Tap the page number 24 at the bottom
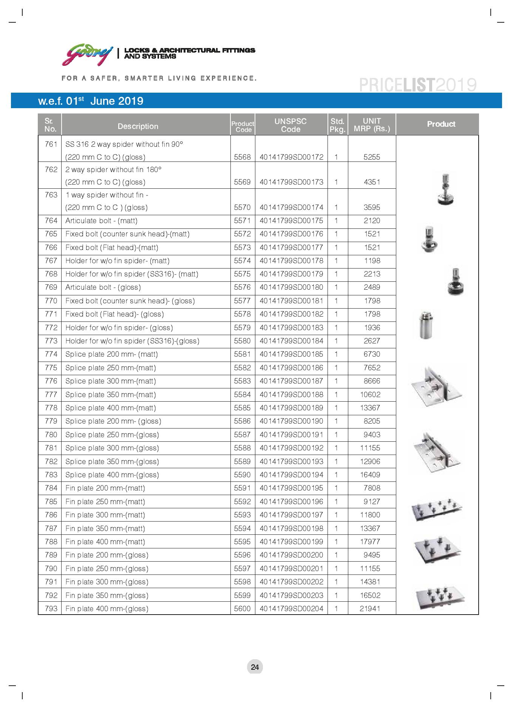coord(255,667)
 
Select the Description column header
coord(138,126)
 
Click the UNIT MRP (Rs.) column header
coord(372,125)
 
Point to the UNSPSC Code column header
coord(290,125)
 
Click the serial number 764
coord(51,221)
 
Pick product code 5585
coord(242,408)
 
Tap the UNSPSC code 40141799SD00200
coord(291,555)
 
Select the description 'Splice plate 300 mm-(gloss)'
coord(112,448)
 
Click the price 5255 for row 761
coord(372,157)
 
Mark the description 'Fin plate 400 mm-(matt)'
coord(105,542)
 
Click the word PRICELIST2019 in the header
coord(417,85)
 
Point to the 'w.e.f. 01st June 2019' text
coord(91,101)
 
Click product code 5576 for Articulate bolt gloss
coord(242,287)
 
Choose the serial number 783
coord(51,475)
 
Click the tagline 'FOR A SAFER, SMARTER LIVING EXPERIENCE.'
coord(159,78)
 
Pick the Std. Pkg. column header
coord(337,125)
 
